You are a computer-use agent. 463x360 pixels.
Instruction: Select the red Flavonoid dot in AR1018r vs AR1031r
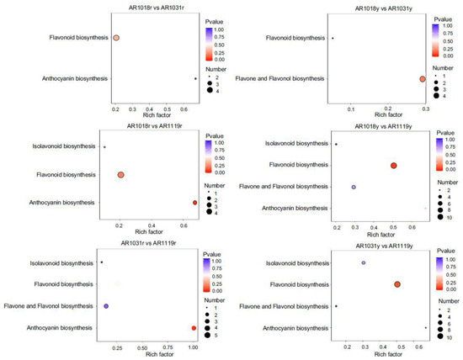pyautogui.click(x=116, y=38)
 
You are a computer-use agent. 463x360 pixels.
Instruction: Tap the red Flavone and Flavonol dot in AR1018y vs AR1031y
pyautogui.click(x=422, y=79)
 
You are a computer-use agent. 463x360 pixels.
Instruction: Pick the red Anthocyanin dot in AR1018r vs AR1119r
pyautogui.click(x=194, y=203)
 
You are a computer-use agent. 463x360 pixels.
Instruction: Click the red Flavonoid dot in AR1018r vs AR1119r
pyautogui.click(x=121, y=175)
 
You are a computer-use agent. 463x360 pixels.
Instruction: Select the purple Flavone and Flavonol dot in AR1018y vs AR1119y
pyautogui.click(x=354, y=187)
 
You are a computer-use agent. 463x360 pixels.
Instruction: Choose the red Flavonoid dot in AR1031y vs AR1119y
pyautogui.click(x=396, y=284)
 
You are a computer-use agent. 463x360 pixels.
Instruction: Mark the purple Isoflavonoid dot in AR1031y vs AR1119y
pyautogui.click(x=363, y=263)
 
